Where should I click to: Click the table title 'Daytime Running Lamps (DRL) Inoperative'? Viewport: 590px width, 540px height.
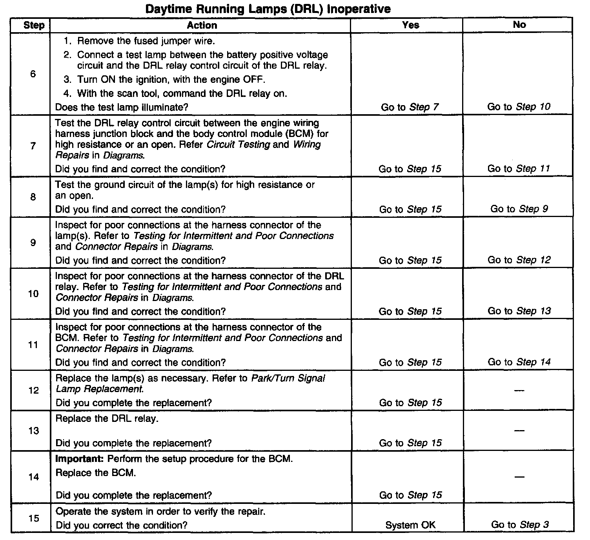point(268,9)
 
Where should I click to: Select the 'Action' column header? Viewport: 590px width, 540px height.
point(202,26)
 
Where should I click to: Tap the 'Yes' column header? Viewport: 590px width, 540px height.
point(410,25)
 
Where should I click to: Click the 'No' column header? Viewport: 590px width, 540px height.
point(519,25)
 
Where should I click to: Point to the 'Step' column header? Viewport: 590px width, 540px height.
point(34,26)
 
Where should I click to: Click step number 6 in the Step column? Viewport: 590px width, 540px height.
point(33,74)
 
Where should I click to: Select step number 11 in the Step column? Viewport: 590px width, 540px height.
point(34,345)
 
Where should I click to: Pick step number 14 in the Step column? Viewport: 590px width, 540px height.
point(34,477)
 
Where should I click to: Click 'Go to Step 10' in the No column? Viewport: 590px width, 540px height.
point(519,107)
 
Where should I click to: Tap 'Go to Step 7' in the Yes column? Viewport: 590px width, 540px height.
point(410,107)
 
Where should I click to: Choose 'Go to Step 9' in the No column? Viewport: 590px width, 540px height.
point(519,209)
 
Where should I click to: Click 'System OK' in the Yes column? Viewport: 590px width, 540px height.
point(410,525)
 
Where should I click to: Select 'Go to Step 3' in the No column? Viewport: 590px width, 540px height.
point(519,525)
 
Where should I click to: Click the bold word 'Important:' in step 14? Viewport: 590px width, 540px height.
point(80,459)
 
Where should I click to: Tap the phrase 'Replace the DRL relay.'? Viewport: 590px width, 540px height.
point(107,419)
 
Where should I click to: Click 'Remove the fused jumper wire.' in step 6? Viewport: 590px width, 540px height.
point(146,41)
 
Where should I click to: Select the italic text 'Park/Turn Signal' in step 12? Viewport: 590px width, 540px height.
point(288,378)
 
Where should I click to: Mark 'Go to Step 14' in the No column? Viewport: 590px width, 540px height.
point(519,362)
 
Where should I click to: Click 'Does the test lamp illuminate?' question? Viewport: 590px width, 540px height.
point(122,107)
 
